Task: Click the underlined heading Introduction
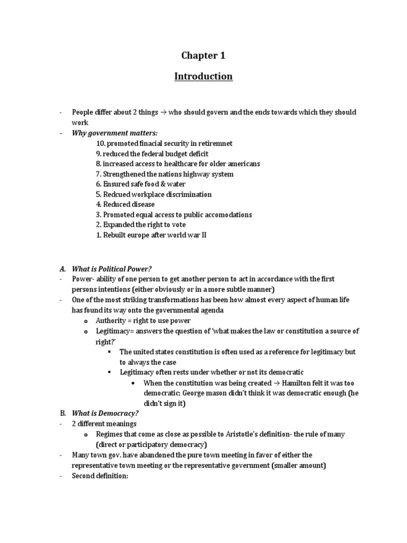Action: pyautogui.click(x=203, y=76)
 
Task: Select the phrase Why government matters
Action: pyautogui.click(x=115, y=133)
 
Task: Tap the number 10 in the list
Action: pyautogui.click(x=101, y=144)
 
